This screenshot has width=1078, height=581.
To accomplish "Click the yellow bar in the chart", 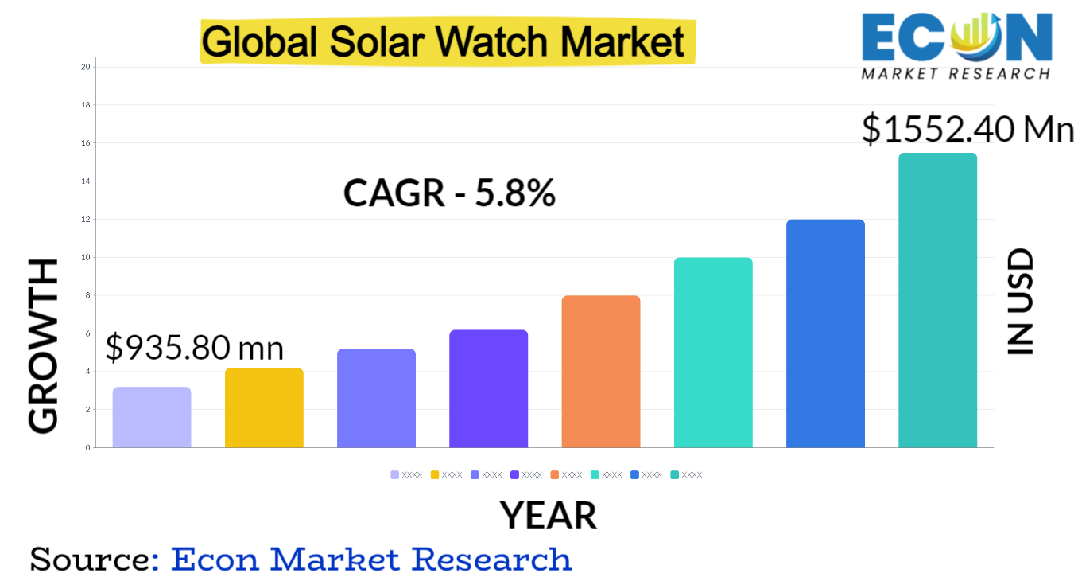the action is [x=264, y=407].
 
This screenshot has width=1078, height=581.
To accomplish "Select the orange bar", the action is [x=600, y=372].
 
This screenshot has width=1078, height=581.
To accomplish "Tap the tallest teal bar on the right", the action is [x=937, y=300].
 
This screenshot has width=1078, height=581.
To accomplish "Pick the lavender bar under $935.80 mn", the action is [x=152, y=417].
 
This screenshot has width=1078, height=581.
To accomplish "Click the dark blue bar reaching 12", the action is [x=825, y=333].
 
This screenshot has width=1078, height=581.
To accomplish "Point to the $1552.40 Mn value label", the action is [x=967, y=129].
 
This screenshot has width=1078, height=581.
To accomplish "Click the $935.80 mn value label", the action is [x=195, y=347].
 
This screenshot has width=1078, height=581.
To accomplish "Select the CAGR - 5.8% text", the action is [x=449, y=193].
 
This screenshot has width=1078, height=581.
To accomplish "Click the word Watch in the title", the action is [x=492, y=42].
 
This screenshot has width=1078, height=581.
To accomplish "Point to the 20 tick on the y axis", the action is [x=86, y=67].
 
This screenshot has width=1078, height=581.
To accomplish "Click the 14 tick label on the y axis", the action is [x=86, y=181].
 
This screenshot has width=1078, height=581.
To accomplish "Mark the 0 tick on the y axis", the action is [x=88, y=448].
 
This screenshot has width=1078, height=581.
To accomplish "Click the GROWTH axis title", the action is [x=43, y=345].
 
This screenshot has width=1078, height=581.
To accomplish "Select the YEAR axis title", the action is [x=549, y=516].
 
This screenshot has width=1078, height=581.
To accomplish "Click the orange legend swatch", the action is [x=554, y=475].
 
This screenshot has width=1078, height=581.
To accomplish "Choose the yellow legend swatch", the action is [x=435, y=475].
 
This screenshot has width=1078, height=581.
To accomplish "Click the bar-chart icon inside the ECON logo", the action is [x=977, y=33].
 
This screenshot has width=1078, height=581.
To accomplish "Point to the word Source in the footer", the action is [x=90, y=559].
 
